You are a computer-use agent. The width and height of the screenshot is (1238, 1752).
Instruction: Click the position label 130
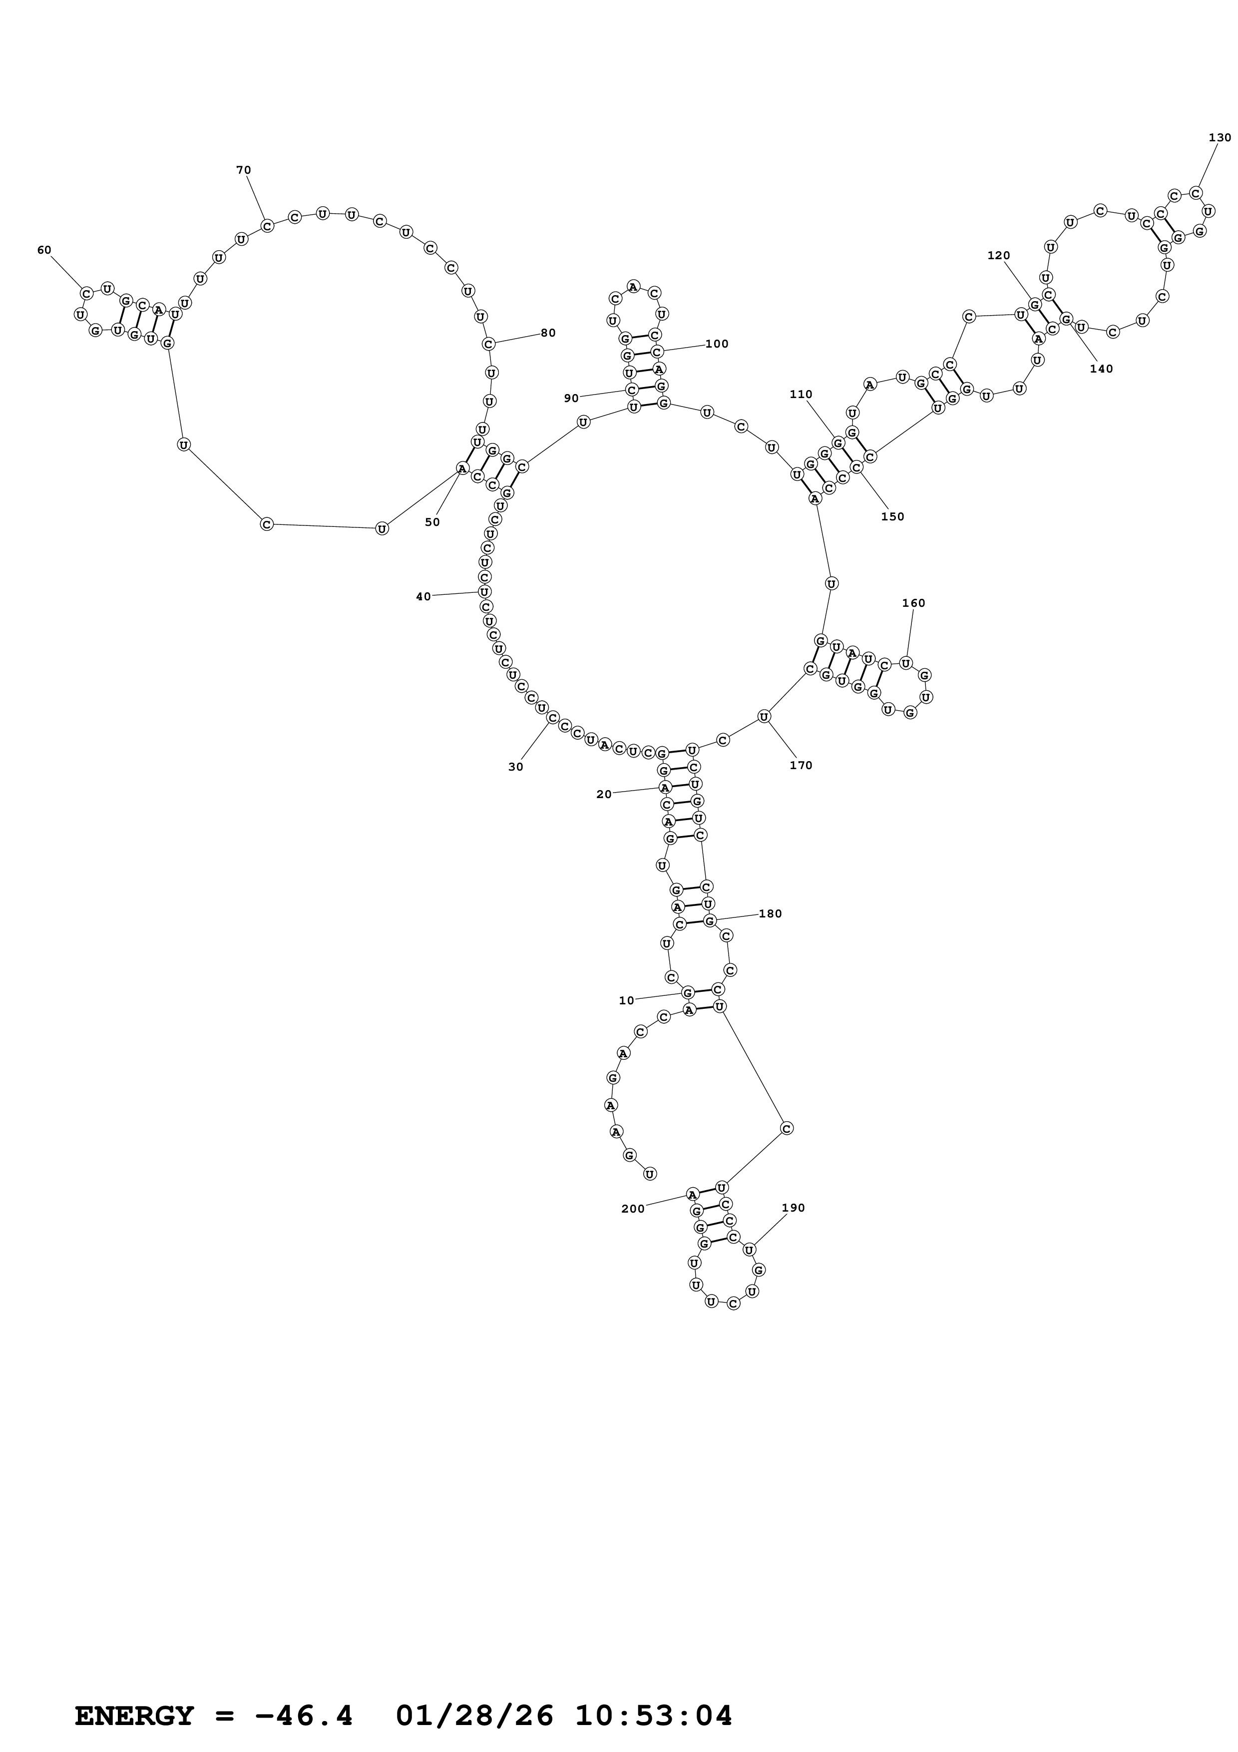[1220, 137]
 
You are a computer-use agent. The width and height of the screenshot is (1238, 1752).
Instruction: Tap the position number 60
[44, 250]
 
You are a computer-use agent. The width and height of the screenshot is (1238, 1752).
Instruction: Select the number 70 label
[243, 170]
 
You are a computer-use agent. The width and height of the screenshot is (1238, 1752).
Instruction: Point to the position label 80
[548, 333]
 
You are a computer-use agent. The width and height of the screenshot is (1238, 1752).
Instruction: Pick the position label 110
[801, 395]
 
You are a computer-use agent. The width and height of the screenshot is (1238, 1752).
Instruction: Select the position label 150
[892, 516]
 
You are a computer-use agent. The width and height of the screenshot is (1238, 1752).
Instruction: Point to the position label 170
[801, 765]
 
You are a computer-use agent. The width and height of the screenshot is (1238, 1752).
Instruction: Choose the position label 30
[516, 767]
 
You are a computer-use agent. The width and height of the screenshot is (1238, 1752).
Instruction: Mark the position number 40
[423, 597]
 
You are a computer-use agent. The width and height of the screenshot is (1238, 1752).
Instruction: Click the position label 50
[432, 523]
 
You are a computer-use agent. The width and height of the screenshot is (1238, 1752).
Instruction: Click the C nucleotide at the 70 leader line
[267, 226]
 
